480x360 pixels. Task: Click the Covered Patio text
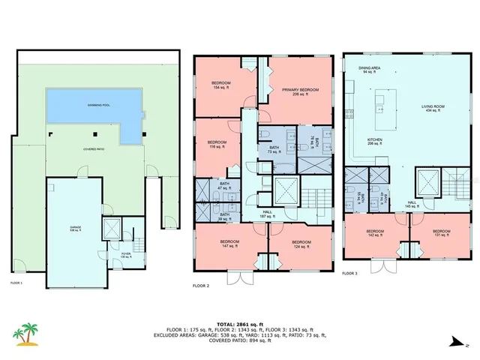tap(94, 149)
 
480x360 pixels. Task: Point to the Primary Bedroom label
tap(300, 91)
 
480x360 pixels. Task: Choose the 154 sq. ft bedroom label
tap(220, 85)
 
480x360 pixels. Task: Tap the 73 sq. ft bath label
tap(274, 149)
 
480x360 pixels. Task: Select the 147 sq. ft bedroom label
tap(229, 244)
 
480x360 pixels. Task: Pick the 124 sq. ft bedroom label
tap(301, 244)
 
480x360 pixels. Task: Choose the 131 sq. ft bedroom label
tap(441, 233)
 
